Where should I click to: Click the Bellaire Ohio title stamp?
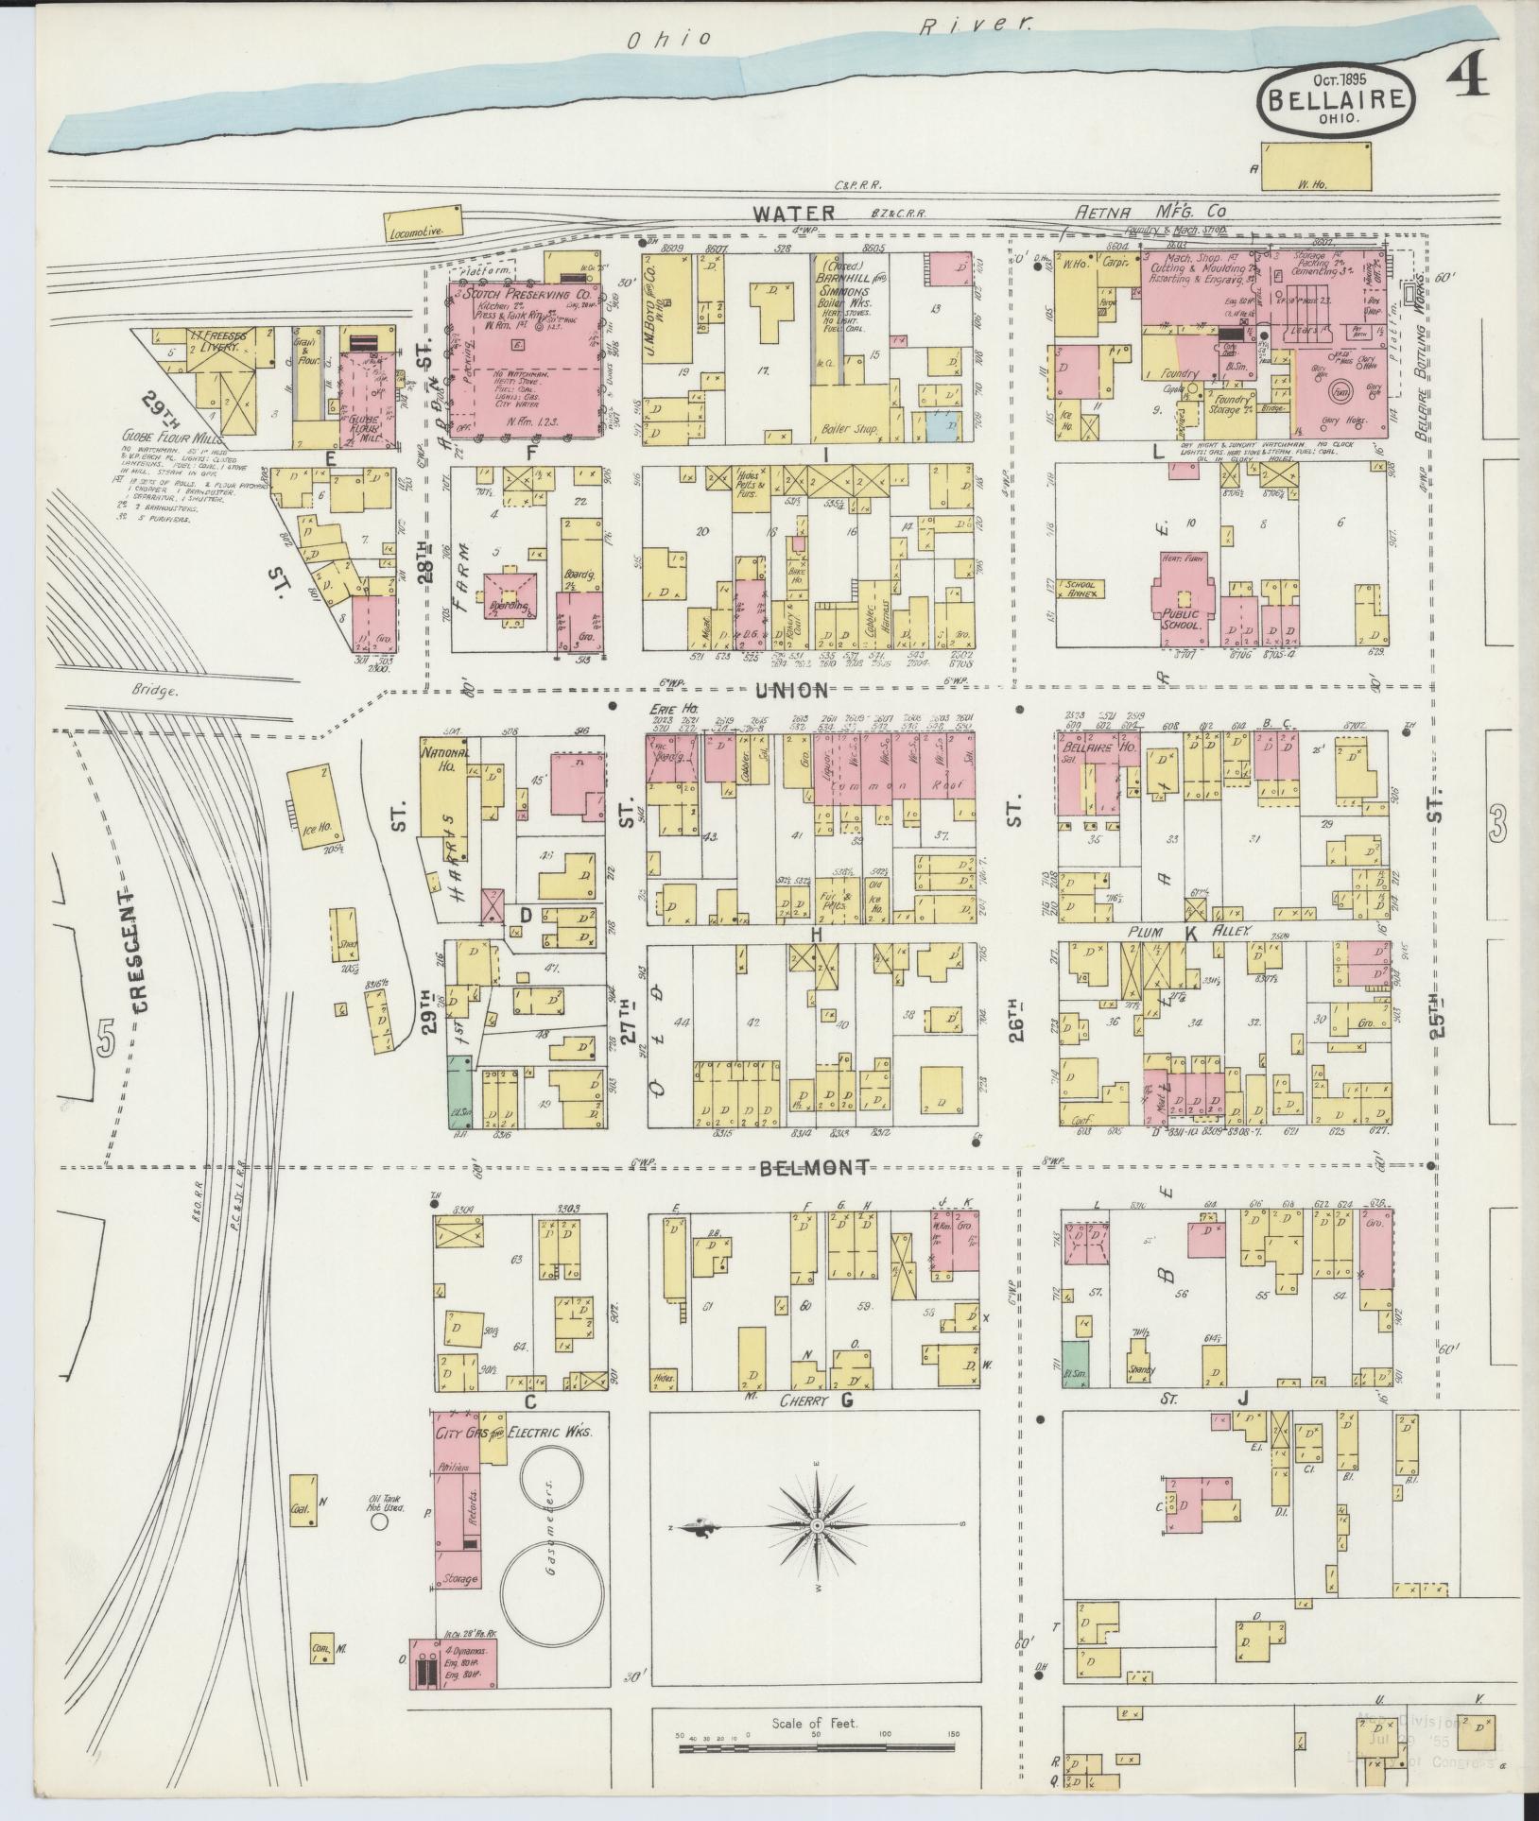(1336, 97)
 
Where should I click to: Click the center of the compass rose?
(816, 1526)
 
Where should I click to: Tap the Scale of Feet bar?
(819, 1749)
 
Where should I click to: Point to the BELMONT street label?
(814, 1168)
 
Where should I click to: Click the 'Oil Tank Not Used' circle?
(380, 1521)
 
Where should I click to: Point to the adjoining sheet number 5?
(106, 1039)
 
